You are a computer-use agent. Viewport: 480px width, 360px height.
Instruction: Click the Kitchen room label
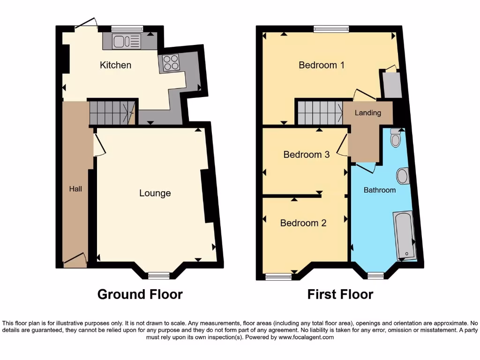pos(115,65)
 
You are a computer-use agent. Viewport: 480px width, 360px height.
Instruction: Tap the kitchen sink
pos(126,41)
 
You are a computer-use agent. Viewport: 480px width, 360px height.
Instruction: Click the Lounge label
pos(155,193)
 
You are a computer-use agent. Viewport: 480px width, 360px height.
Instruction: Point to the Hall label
pos(75,189)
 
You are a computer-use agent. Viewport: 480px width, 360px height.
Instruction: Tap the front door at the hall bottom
pos(75,261)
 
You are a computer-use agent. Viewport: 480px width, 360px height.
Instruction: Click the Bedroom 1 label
pos(322,65)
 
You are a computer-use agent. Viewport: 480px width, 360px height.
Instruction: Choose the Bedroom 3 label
pos(307,154)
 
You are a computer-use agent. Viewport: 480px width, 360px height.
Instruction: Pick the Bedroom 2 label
pos(303,223)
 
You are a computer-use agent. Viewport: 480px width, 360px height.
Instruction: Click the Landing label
pos(367,113)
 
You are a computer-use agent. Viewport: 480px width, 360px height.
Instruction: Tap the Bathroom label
pos(380,190)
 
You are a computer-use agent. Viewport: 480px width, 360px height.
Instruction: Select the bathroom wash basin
pos(402,176)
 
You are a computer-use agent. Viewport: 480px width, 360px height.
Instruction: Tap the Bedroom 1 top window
pos(331,29)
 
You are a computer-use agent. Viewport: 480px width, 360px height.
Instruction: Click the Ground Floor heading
pos(140,294)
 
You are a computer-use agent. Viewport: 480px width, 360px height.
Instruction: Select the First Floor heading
pos(340,294)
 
